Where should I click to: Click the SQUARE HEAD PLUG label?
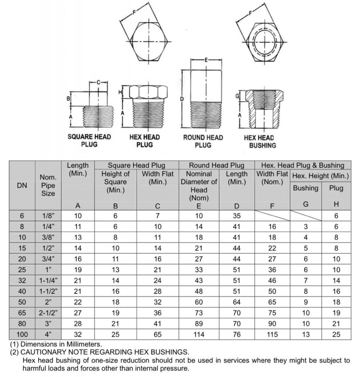click(89, 140)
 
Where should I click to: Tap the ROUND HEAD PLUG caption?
click(203, 141)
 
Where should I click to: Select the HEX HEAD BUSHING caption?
click(259, 141)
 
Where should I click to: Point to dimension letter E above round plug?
click(206, 60)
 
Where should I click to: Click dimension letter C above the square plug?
click(98, 82)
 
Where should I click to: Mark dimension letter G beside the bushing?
click(237, 96)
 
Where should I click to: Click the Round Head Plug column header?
click(216, 165)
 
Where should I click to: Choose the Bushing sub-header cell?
click(306, 188)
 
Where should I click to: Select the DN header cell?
click(22, 186)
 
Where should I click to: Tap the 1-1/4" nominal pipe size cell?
click(48, 281)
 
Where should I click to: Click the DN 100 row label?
click(22, 335)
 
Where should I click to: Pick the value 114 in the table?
click(199, 335)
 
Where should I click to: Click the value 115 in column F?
click(272, 335)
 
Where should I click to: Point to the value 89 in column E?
click(199, 324)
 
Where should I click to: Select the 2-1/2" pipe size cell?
click(48, 313)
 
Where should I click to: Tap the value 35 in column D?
click(237, 216)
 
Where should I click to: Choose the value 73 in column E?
click(199, 313)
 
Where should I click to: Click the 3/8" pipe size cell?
click(48, 237)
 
